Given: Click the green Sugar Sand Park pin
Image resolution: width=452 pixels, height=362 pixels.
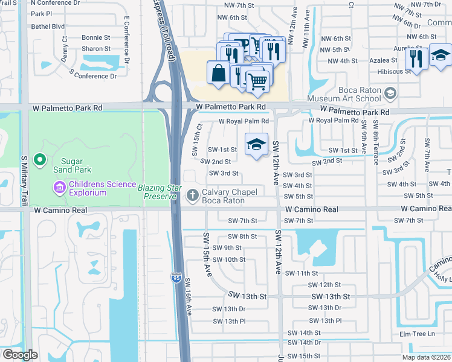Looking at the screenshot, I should [40, 160].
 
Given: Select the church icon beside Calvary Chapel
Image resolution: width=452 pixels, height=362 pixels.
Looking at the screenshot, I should [192, 194].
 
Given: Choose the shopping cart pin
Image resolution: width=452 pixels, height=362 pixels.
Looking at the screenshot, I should [258, 80].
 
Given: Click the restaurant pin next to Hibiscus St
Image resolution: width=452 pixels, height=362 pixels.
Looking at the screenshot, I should [416, 59].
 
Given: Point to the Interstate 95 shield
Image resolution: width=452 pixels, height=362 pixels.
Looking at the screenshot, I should [176, 278].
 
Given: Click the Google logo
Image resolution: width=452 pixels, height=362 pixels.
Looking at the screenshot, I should [20, 355].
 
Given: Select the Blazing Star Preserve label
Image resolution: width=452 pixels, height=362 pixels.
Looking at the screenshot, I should [160, 188].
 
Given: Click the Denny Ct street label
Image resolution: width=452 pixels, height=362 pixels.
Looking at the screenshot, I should [64, 48].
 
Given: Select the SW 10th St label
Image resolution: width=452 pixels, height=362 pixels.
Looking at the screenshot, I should [230, 260].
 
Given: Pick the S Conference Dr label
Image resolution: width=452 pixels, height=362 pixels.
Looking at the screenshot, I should [93, 76].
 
